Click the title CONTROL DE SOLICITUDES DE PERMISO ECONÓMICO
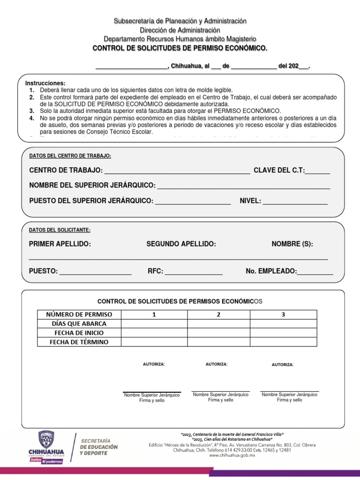pos(180,48)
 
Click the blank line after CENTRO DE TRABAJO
pos(176,171)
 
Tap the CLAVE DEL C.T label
pos(279,170)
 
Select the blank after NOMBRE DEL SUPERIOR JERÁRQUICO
pos(244,186)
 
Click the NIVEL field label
pos(250,201)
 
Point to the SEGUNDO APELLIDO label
pos(181,244)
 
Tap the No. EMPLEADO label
pos(271,271)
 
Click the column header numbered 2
pos(218,314)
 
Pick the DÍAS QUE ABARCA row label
pos(79,323)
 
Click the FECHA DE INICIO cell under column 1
pos(154,333)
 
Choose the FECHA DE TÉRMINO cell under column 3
pos(283,342)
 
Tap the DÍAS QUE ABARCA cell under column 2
pos(218,323)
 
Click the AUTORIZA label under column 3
pos(283,364)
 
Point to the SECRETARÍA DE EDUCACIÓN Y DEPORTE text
pos(99,447)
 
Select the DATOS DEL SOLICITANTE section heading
pos(60,230)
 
